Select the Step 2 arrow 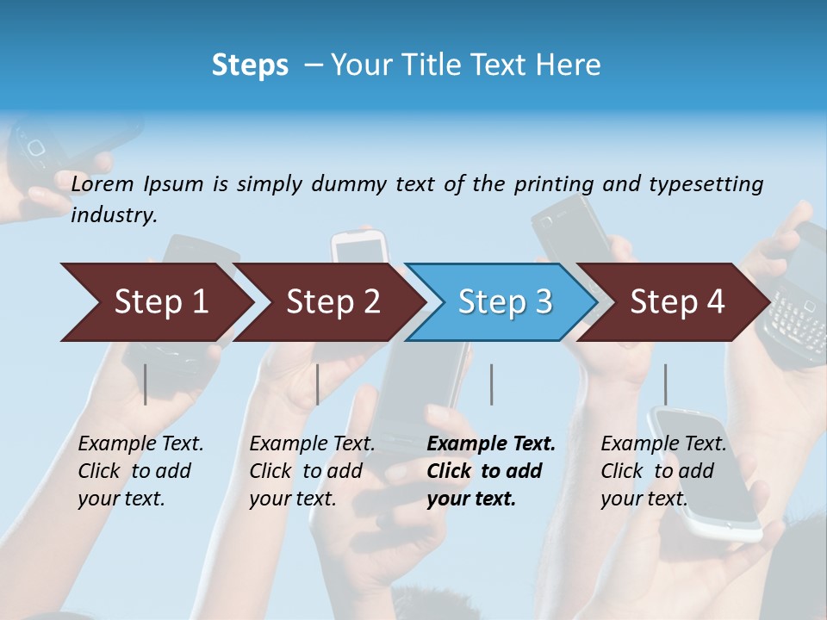(x=332, y=301)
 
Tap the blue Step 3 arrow (x=504, y=301)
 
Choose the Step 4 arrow (x=677, y=301)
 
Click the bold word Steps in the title (x=250, y=65)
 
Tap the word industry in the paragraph (x=113, y=214)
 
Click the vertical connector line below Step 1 (x=146, y=384)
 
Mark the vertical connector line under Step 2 (x=318, y=384)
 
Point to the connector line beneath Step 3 (x=491, y=384)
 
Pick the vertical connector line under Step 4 (x=665, y=384)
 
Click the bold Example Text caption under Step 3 (x=490, y=471)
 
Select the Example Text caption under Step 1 (x=140, y=471)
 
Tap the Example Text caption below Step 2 (x=312, y=471)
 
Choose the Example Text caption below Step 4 (x=663, y=471)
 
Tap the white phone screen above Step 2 (x=358, y=249)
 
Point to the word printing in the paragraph (x=553, y=183)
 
